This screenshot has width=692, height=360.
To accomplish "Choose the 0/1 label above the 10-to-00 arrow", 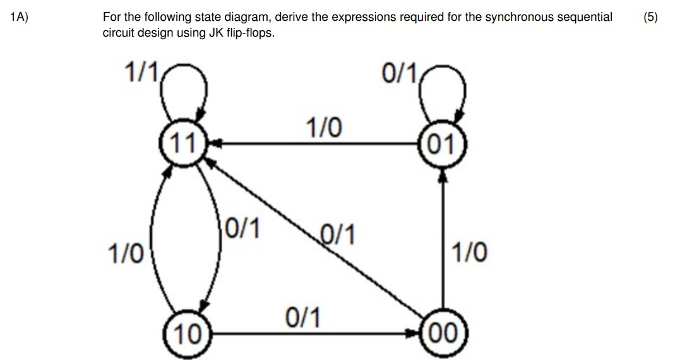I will [302, 315].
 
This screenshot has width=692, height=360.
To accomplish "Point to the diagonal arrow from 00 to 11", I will [316, 240].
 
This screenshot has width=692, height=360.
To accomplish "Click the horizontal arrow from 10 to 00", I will [316, 333].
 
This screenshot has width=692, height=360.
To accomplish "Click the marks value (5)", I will [650, 18].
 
